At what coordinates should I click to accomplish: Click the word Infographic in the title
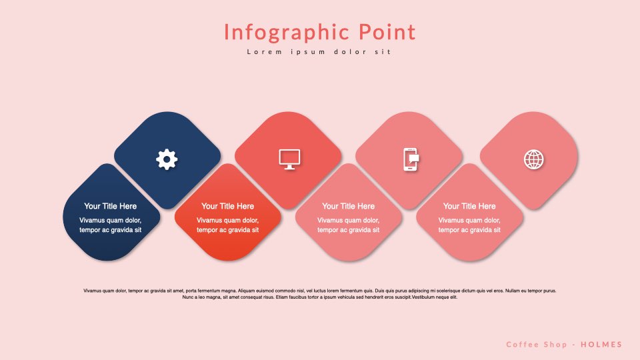(x=287, y=32)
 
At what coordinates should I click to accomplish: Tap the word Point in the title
(x=387, y=31)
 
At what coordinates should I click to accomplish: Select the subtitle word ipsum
(x=308, y=52)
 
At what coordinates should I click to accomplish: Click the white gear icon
(x=167, y=159)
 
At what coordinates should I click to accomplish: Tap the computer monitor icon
(x=289, y=159)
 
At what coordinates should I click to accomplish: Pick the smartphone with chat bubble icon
(x=411, y=159)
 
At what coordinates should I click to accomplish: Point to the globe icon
(x=534, y=159)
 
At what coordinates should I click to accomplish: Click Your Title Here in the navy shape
(x=110, y=206)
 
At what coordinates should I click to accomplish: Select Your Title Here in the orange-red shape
(x=227, y=206)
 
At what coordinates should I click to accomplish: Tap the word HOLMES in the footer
(x=601, y=345)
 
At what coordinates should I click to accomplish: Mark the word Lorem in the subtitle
(x=265, y=52)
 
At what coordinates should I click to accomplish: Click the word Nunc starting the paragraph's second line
(x=188, y=297)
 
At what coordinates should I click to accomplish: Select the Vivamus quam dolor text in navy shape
(x=110, y=221)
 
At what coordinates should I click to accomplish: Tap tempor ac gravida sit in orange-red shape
(x=227, y=230)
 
